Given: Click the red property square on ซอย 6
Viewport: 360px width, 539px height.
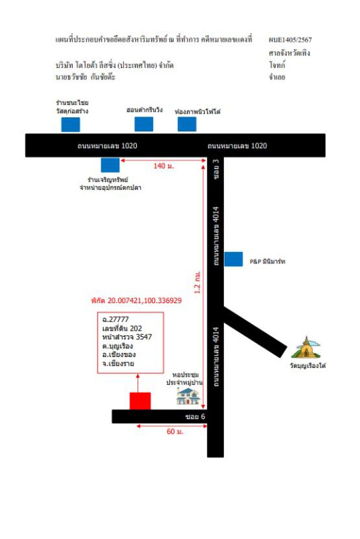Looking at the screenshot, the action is click(140, 401).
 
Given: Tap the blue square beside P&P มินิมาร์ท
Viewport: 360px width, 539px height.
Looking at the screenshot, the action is click(233, 259).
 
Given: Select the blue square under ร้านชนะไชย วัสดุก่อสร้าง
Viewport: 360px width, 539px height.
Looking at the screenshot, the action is click(71, 125).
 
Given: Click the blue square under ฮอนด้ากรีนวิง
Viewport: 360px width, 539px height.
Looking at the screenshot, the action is click(144, 124).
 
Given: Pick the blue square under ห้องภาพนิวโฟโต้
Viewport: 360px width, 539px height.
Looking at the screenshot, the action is click(187, 124).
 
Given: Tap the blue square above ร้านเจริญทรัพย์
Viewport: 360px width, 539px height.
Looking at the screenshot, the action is click(110, 165).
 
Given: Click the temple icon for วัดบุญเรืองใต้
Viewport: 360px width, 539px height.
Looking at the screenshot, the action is click(305, 348).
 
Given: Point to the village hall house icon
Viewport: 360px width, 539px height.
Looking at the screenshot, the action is click(188, 396).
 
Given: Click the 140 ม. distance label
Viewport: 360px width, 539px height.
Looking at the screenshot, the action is click(164, 166).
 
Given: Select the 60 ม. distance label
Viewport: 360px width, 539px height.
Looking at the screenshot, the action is click(175, 431).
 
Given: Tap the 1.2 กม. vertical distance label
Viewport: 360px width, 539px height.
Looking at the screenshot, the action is click(198, 282).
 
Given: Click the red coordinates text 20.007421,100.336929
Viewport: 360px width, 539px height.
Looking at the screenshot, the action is click(144, 300).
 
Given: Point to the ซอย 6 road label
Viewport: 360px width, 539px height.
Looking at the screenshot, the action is click(195, 416).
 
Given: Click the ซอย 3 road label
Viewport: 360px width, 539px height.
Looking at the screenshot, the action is click(216, 169).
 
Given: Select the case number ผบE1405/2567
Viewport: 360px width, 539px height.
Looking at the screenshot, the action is click(290, 40).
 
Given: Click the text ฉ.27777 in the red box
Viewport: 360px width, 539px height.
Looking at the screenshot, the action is click(115, 319).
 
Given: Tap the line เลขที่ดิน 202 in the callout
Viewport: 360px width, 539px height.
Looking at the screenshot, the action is click(122, 328).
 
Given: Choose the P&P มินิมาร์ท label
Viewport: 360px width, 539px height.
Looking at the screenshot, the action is click(268, 261).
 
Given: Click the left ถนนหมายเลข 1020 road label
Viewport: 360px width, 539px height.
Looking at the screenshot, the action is click(107, 146).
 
